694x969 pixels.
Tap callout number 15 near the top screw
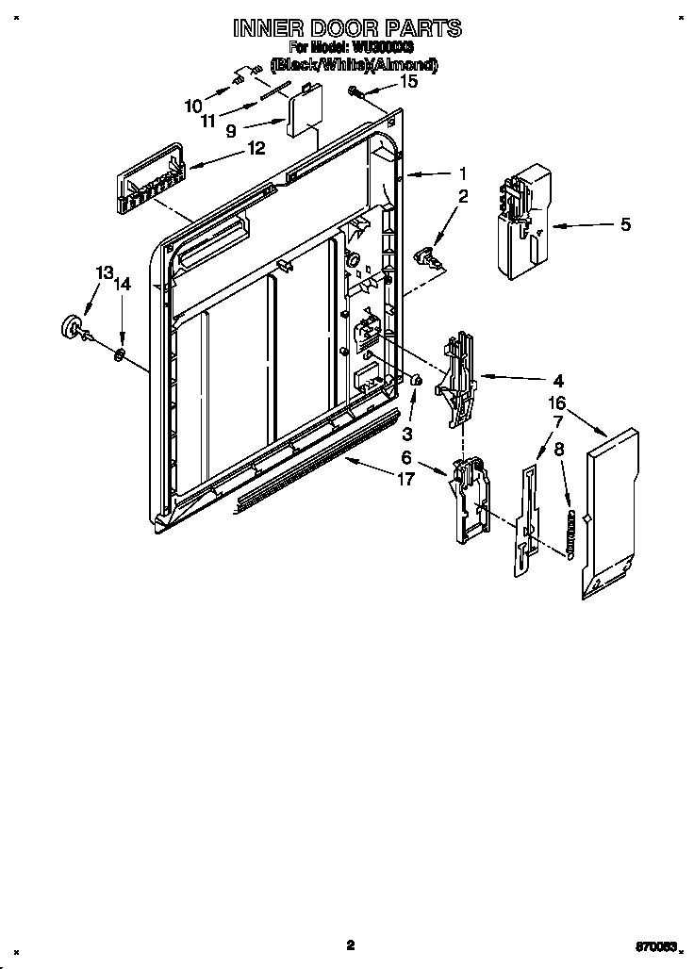(x=408, y=82)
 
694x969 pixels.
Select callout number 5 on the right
(x=625, y=224)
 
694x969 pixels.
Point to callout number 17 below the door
(x=405, y=480)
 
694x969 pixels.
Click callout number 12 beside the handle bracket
(x=255, y=148)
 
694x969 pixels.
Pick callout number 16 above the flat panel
(x=557, y=402)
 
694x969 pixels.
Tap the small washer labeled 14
(x=121, y=354)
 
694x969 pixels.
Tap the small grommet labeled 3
(x=414, y=379)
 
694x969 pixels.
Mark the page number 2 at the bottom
(x=349, y=944)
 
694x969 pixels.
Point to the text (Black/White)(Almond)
(x=353, y=65)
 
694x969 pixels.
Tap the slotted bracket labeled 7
(x=528, y=514)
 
